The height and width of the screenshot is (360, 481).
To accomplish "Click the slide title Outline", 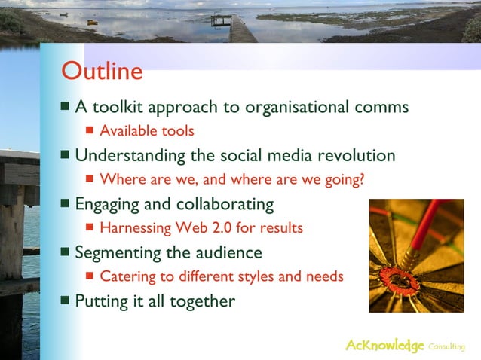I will click(102, 72).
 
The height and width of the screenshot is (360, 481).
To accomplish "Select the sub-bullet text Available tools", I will click(147, 131).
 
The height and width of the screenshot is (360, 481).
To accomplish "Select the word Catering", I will click(126, 276).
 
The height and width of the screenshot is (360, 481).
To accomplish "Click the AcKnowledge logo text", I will click(384, 345).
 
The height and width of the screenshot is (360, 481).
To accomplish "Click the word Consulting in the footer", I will click(446, 346).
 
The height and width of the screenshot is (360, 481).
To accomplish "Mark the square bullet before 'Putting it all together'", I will click(66, 301).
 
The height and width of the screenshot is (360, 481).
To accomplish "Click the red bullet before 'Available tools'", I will click(90, 130).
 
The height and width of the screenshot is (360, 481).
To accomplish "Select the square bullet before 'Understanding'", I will click(66, 155).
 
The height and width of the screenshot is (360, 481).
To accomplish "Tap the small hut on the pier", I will click(221, 20).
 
